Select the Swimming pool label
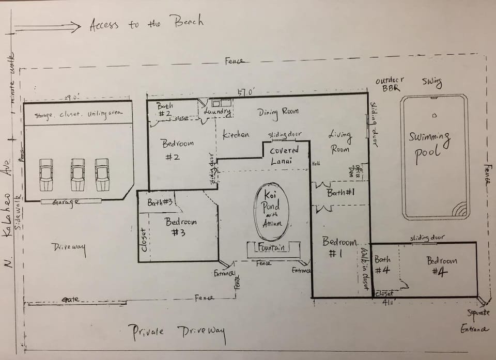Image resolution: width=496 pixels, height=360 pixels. [429, 144]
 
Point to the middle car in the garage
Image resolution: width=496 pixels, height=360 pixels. [78, 174]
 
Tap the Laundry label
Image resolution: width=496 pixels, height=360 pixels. [217, 111]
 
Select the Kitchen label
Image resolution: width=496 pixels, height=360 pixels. [236, 135]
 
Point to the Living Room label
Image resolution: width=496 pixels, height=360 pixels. [340, 142]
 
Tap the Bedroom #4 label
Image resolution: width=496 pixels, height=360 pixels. [442, 265]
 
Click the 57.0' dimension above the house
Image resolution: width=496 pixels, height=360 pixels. [246, 92]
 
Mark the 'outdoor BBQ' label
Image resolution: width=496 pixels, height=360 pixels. [390, 84]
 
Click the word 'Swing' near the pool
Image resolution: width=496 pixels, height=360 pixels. [431, 82]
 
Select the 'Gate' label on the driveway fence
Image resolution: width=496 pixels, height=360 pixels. [71, 300]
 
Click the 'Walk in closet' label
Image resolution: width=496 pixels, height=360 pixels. [365, 269]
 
